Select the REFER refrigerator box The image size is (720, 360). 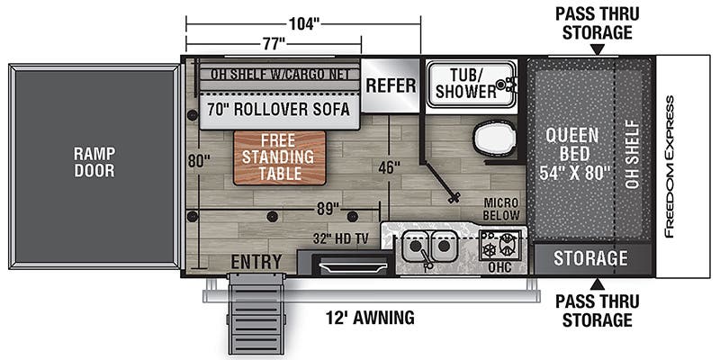pos(391,85)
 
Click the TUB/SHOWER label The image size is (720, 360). pos(466,83)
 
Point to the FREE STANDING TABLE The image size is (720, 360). pos(279,157)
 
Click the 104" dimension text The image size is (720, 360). pos(304,24)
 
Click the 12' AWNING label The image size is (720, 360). pos(371,317)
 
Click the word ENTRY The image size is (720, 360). pos(256,261)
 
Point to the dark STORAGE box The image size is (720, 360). pos(590,258)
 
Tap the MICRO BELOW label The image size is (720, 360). pos(501,209)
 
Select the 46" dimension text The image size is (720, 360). pos(389,168)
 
